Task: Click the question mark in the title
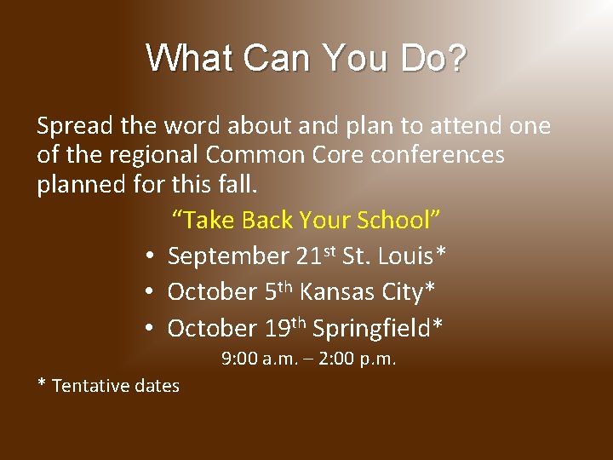456,59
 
